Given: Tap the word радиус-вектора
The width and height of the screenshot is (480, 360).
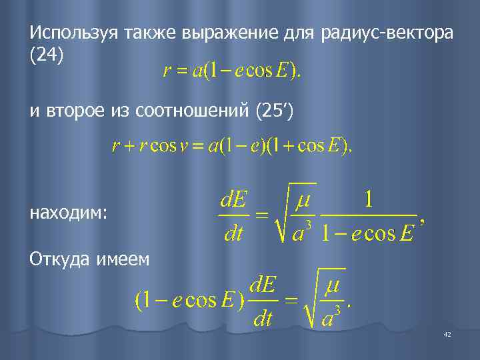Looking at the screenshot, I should point(388,33).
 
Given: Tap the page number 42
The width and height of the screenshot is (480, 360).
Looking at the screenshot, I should point(447,334).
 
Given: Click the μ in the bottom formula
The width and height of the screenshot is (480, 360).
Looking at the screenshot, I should point(333,289).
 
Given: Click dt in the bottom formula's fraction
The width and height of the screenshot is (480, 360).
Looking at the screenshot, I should point(263,319).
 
